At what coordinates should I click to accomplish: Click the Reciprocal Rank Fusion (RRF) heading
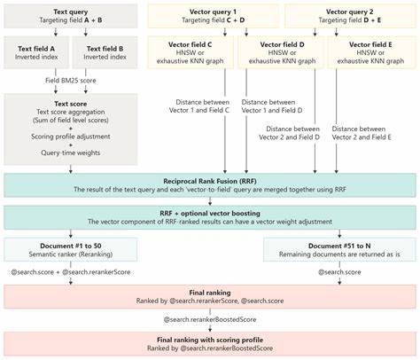pos(211,180)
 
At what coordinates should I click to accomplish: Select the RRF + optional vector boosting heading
pos(211,213)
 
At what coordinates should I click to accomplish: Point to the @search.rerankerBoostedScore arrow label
pos(211,317)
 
